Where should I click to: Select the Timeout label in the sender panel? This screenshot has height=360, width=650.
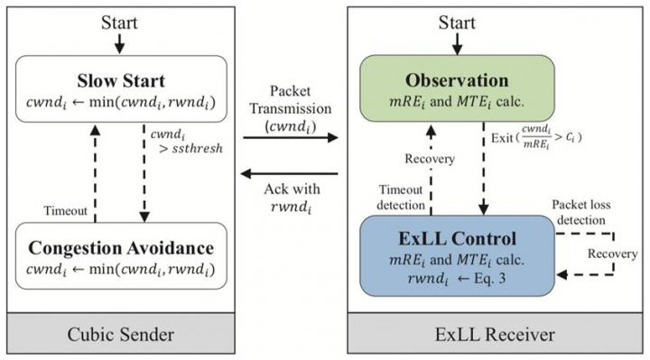pos(66,209)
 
